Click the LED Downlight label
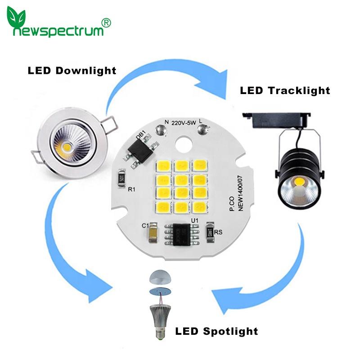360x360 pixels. (x=72, y=71)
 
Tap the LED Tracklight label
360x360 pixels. (x=285, y=90)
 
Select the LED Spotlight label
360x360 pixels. (x=216, y=332)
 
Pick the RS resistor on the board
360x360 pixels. (x=210, y=231)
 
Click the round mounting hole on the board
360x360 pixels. (x=184, y=146)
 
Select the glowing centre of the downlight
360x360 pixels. (x=67, y=146)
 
